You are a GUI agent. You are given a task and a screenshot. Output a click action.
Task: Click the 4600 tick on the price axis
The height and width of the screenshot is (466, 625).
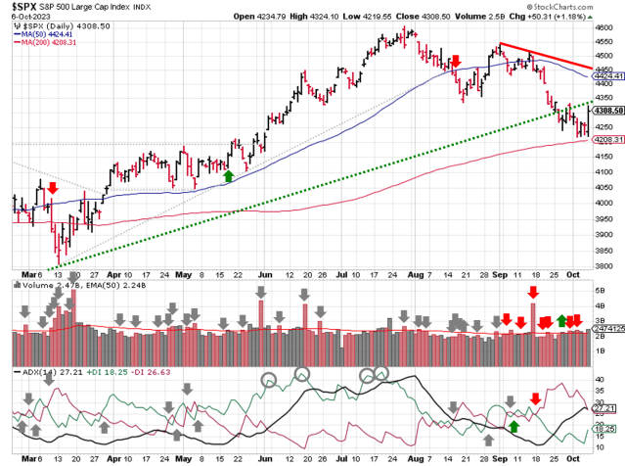pos(606,29)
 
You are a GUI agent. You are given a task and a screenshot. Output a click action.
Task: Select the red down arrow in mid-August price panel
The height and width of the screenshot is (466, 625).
pos(456,62)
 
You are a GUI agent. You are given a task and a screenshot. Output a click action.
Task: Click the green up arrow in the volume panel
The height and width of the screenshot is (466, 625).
pos(561,319)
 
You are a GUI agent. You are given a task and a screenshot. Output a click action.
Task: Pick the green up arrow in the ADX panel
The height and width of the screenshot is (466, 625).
pos(513,426)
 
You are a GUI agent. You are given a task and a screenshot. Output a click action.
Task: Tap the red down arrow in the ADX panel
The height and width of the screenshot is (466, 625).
pos(535,397)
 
